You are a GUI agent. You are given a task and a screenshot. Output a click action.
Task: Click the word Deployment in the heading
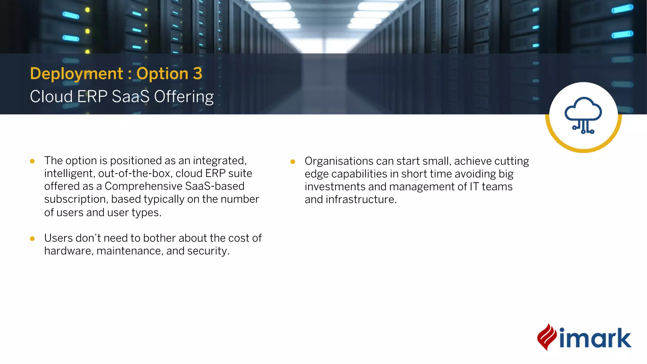[x=76, y=74]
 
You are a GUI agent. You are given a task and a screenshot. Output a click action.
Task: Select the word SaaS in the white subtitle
[x=130, y=96]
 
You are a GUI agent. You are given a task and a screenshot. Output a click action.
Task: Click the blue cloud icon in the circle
[x=583, y=115]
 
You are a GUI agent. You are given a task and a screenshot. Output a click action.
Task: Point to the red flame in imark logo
[x=547, y=337]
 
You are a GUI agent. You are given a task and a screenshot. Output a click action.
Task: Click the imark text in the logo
[x=595, y=338]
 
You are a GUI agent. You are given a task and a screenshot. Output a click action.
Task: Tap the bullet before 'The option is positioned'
[x=32, y=161]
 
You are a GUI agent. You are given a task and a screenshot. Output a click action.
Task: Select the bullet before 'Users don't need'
[x=32, y=239]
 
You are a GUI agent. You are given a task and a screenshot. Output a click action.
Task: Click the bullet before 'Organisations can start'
[x=293, y=162]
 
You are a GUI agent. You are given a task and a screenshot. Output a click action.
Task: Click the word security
[x=208, y=251]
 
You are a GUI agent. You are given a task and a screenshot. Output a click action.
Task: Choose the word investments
[x=335, y=187]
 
